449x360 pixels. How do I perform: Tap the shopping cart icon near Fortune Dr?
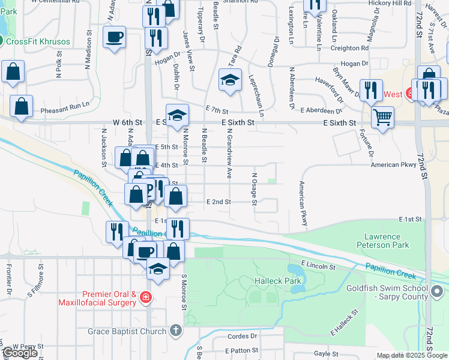tap(382, 117)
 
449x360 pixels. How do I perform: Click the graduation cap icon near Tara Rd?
tap(230, 82)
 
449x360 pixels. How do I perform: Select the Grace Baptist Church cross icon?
tap(175, 331)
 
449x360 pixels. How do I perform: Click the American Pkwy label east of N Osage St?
tap(393, 164)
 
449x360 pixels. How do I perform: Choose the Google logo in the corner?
tap(20, 353)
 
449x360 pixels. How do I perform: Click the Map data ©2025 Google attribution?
tap(411, 355)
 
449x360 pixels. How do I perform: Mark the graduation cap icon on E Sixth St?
tap(177, 116)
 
